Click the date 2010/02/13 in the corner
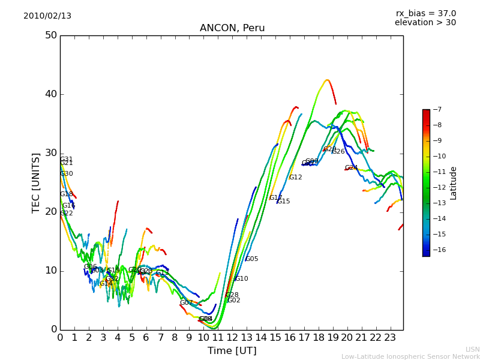pyautogui.click(x=47, y=16)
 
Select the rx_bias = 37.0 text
pyautogui.click(x=425, y=14)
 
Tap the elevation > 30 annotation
pyautogui.click(x=425, y=23)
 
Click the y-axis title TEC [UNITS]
pyautogui.click(x=36, y=182)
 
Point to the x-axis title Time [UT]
pyautogui.click(x=232, y=351)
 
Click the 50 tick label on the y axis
pyautogui.click(x=50, y=35)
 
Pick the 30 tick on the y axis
pyautogui.click(x=50, y=153)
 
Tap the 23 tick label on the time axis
pyautogui.click(x=390, y=338)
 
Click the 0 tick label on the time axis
pyautogui.click(x=60, y=338)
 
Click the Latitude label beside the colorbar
pyautogui.click(x=454, y=183)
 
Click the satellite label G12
pyautogui.click(x=295, y=178)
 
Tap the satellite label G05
pyautogui.click(x=251, y=259)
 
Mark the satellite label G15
pyautogui.click(x=283, y=202)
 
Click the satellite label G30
pyautogui.click(x=66, y=174)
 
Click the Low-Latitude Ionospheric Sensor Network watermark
pyautogui.click(x=410, y=357)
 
